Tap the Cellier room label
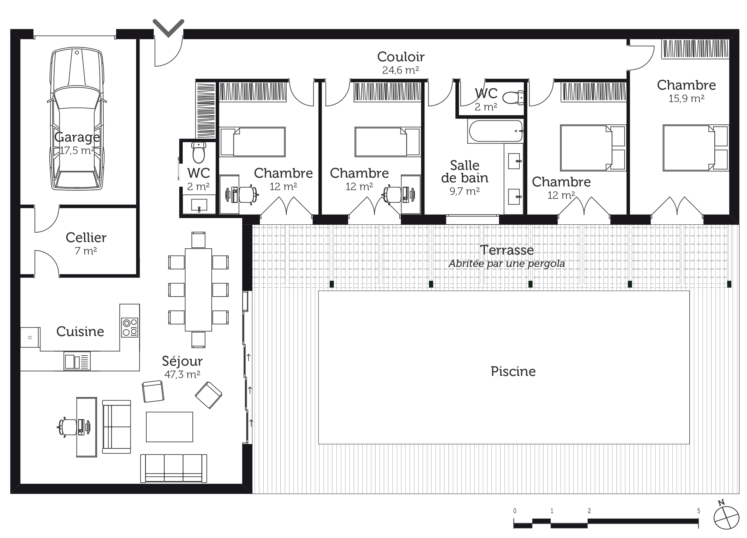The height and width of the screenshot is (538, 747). pyautogui.click(x=86, y=237)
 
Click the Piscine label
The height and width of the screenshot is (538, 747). pyautogui.click(x=513, y=372)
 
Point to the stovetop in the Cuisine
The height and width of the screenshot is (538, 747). pyautogui.click(x=130, y=327)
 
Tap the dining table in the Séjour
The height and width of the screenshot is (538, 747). pyautogui.click(x=198, y=290)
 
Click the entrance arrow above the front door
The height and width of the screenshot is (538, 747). pyautogui.click(x=168, y=28)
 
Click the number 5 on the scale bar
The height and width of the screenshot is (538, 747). pyautogui.click(x=698, y=511)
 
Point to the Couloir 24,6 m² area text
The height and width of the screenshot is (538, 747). pyautogui.click(x=401, y=70)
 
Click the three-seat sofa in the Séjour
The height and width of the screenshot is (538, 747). pyautogui.click(x=174, y=468)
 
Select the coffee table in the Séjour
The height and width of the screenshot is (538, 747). pyautogui.click(x=169, y=427)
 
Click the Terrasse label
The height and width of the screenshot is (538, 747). pyautogui.click(x=507, y=250)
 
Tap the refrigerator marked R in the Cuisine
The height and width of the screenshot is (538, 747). pyautogui.click(x=30, y=337)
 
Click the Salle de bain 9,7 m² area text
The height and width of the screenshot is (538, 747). pyautogui.click(x=464, y=191)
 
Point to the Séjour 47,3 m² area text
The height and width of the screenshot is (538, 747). pyautogui.click(x=182, y=374)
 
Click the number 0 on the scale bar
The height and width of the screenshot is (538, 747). pyautogui.click(x=514, y=511)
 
